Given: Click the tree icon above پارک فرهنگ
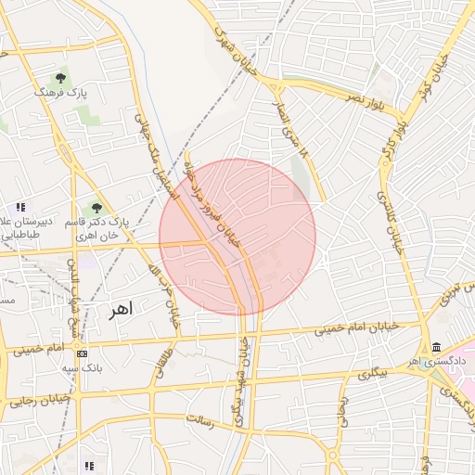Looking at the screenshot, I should tap(61, 78).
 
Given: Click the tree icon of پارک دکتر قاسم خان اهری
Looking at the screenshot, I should tap(96, 209).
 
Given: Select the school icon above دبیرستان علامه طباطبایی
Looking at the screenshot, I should tap(19, 207).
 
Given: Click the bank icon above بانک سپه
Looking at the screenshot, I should tap(82, 353).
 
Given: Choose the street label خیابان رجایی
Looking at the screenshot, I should tap(35, 401).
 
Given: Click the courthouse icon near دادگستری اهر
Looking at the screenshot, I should tap(436, 347).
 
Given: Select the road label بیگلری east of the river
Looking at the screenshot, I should tap(370, 373).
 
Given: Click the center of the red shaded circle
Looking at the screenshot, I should tap(237, 237).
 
